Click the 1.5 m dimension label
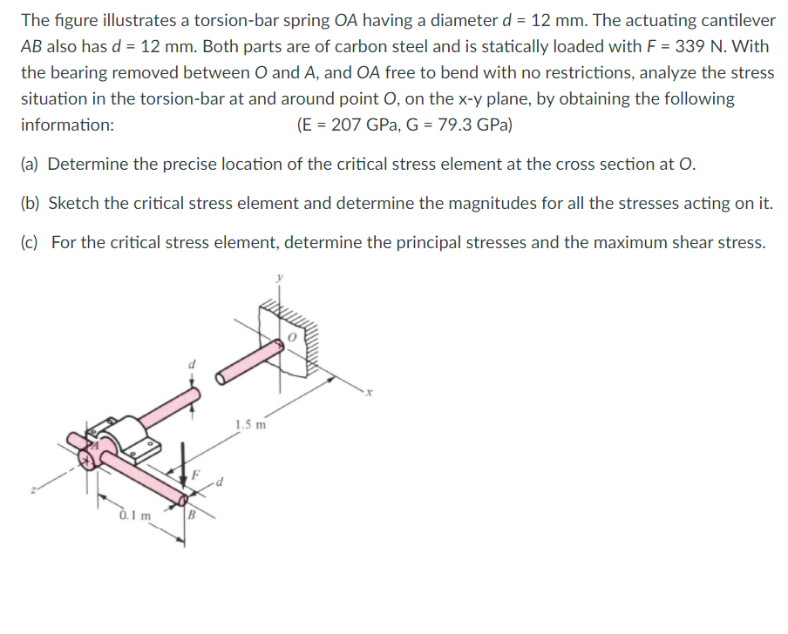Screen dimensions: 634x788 (x=250, y=426)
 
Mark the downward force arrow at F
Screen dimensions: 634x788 (x=183, y=466)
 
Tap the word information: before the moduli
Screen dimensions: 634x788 (x=67, y=125)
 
